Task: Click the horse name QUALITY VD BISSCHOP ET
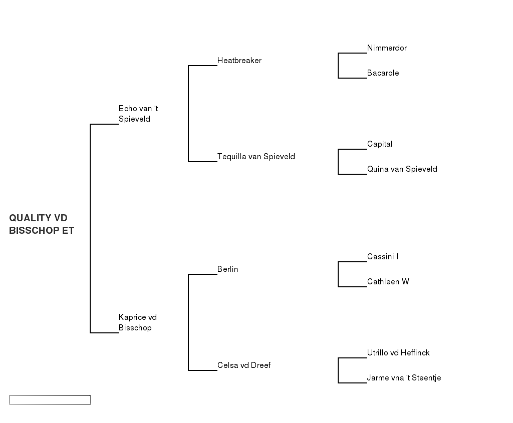click(42, 224)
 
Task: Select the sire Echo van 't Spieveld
click(138, 114)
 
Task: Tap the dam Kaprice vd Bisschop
click(138, 322)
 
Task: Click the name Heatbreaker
click(239, 61)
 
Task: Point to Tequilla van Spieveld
click(256, 157)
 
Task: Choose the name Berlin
click(228, 269)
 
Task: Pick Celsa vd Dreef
click(244, 365)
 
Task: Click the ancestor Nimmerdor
click(387, 48)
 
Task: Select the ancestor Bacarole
click(383, 73)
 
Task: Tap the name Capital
click(380, 144)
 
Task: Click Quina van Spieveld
click(402, 169)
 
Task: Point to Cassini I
click(383, 257)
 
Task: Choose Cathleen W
click(388, 282)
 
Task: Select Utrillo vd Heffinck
click(398, 353)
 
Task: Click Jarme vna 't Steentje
click(404, 378)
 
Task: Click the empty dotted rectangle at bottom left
click(50, 400)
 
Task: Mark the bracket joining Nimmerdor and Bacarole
click(339, 66)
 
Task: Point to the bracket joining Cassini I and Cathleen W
click(339, 274)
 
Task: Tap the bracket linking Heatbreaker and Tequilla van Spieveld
click(189, 114)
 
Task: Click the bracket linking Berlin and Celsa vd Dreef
click(189, 322)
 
